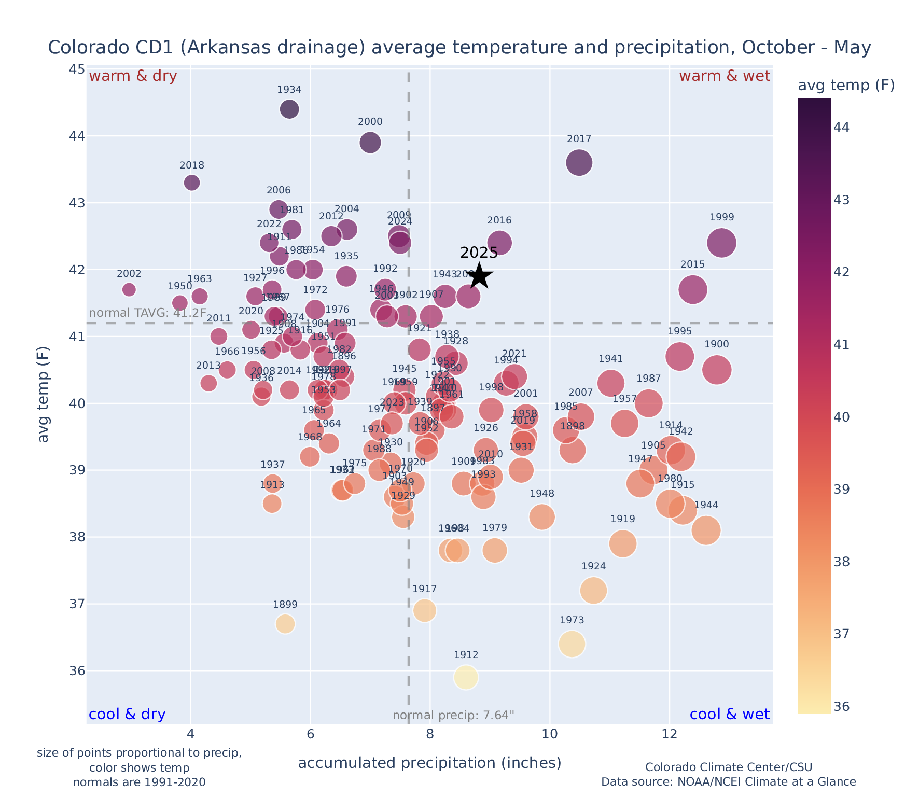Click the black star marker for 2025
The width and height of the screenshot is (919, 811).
click(x=480, y=276)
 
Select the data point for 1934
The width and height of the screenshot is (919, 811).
click(x=289, y=109)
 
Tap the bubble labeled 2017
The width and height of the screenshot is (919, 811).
click(x=579, y=163)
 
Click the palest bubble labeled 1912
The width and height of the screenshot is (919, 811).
click(x=466, y=677)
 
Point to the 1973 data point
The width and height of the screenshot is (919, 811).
click(x=572, y=644)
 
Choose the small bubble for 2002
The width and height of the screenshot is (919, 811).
click(x=129, y=289)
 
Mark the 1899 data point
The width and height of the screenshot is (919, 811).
click(x=285, y=624)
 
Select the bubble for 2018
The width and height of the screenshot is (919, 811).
click(x=192, y=183)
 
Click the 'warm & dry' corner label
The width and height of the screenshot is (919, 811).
click(x=133, y=76)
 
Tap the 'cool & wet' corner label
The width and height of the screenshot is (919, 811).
click(x=729, y=715)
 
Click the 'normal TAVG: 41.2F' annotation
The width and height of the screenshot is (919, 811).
click(x=148, y=313)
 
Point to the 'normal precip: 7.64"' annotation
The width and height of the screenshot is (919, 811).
click(x=453, y=716)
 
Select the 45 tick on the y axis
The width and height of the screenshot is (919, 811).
click(x=77, y=69)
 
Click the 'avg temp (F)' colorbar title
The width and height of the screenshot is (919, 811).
click(x=846, y=86)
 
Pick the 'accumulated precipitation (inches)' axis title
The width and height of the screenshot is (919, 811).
click(x=429, y=763)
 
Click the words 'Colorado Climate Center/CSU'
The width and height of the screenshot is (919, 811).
click(x=729, y=767)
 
